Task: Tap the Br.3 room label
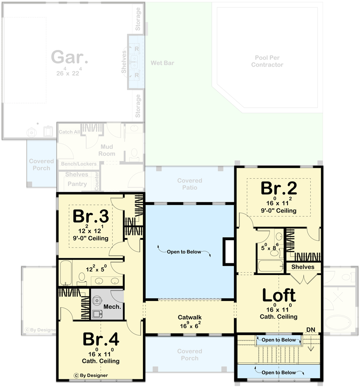pyautogui.click(x=91, y=216)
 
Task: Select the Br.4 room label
pyautogui.click(x=100, y=339)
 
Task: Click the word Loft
pyautogui.click(x=279, y=296)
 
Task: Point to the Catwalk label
pyautogui.click(x=189, y=317)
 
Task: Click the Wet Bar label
pyautogui.click(x=162, y=63)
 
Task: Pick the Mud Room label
pyautogui.click(x=107, y=150)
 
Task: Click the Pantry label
pyautogui.click(x=77, y=184)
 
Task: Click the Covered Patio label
pyautogui.click(x=189, y=184)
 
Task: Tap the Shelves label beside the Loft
pyautogui.click(x=303, y=267)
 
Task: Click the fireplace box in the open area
pyautogui.click(x=228, y=252)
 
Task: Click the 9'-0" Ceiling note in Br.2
pyautogui.click(x=278, y=211)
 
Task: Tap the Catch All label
pyautogui.click(x=70, y=132)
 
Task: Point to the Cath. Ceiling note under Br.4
pyautogui.click(x=100, y=361)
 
